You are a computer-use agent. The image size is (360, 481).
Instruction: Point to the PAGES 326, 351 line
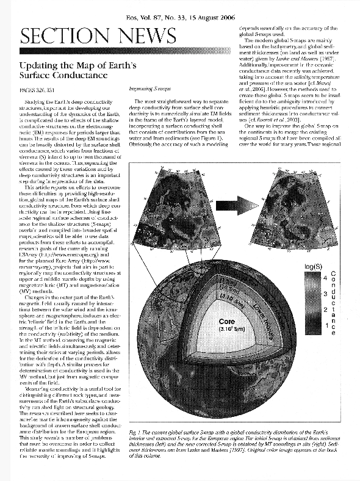[x=38, y=89]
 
